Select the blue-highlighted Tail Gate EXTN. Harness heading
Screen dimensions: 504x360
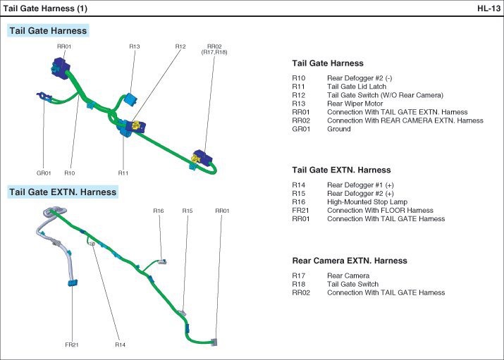pos(63,191)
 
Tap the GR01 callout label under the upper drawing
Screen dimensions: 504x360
pos(44,173)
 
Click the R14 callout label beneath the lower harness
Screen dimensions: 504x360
pos(121,345)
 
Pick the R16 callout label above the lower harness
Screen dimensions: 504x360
pos(159,211)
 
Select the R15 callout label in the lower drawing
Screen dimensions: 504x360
pos(187,211)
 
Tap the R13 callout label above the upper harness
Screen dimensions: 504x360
pos(135,46)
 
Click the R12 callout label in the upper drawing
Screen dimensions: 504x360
pos(180,46)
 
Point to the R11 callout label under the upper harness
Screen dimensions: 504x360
pos(123,173)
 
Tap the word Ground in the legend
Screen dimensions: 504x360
pos(339,129)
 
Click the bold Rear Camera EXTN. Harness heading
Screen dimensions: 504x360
pos(350,261)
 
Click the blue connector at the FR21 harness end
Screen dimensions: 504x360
pos(72,283)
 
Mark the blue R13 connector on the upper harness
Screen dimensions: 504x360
pos(130,95)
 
